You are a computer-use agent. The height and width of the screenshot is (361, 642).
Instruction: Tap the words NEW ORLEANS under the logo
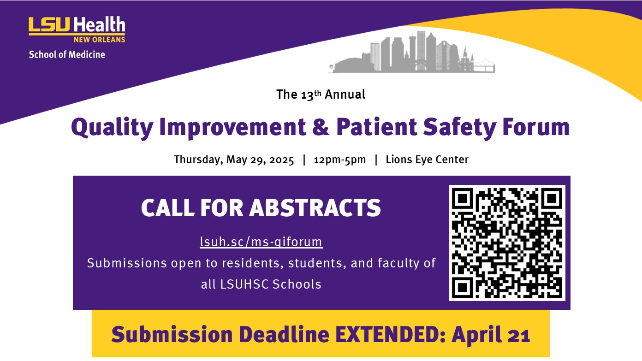[x=100, y=40]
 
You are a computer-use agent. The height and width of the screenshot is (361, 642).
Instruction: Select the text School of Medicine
[x=67, y=54]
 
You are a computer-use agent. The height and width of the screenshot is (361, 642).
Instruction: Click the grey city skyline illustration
[x=411, y=52]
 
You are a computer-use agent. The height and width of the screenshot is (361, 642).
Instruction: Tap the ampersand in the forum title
[x=321, y=127]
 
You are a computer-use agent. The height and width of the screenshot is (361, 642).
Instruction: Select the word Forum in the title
[x=535, y=127]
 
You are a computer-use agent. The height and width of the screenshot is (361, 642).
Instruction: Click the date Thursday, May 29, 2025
[x=234, y=160]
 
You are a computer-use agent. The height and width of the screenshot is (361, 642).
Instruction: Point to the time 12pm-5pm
[x=339, y=160]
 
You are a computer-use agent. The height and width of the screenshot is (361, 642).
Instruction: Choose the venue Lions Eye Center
[x=427, y=160]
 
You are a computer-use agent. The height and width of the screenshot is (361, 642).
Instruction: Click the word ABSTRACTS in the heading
[x=315, y=207]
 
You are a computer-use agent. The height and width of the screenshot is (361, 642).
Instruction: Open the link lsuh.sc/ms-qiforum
[x=261, y=242]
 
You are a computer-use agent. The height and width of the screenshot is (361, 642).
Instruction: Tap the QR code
[x=507, y=243]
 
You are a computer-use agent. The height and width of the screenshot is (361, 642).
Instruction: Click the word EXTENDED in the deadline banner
[x=390, y=334]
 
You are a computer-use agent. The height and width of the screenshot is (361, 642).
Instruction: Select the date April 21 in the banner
[x=491, y=334]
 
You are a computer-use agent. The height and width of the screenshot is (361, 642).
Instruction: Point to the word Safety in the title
[x=460, y=128]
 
